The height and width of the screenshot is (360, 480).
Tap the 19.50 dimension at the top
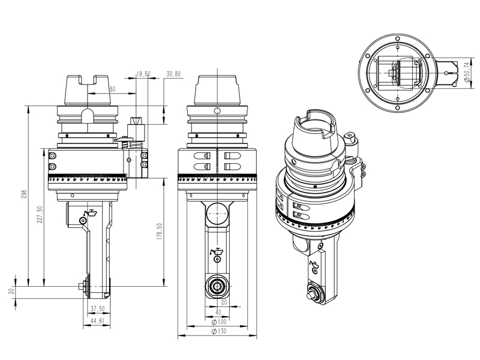(x=143, y=74)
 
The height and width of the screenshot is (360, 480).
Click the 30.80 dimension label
(x=173, y=74)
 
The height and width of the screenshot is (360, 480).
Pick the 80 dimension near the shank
(x=112, y=89)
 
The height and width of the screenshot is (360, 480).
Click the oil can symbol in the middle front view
(x=216, y=252)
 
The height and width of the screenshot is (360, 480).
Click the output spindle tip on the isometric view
(x=312, y=294)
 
